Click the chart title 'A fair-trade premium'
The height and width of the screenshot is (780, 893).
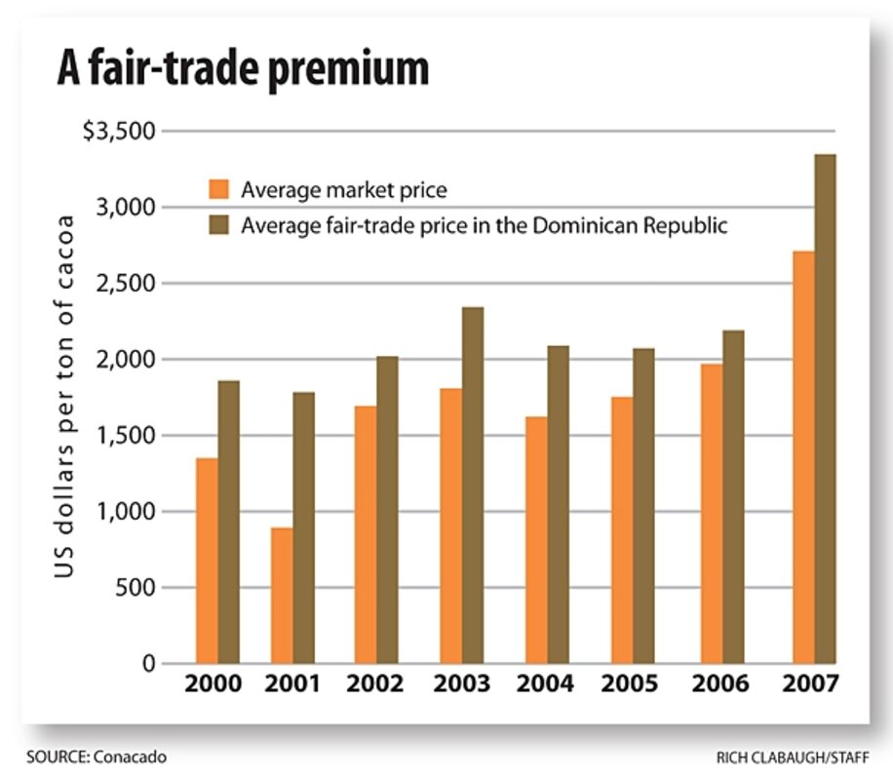click(x=242, y=70)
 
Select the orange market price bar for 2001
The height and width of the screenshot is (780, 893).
click(x=282, y=595)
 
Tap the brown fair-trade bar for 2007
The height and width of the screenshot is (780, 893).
click(x=825, y=409)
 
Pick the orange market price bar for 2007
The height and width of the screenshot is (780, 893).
click(x=802, y=458)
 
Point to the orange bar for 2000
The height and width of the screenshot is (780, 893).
click(x=207, y=561)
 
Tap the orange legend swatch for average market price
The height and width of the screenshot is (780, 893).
click(x=218, y=189)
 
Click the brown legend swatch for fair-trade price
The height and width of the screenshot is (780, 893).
click(x=218, y=225)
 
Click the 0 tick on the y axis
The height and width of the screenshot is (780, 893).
click(x=149, y=664)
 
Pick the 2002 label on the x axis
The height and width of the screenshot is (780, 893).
click(x=375, y=684)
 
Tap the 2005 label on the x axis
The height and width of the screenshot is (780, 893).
click(x=631, y=684)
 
